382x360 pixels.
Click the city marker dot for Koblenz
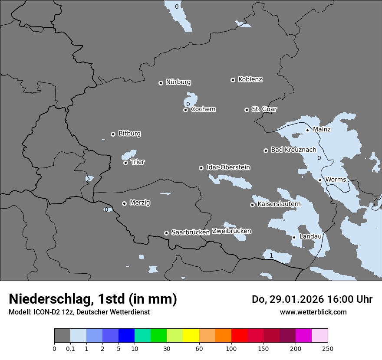(233, 80)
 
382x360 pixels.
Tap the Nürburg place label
(178, 82)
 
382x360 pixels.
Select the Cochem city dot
(185, 110)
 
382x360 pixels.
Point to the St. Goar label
(264, 109)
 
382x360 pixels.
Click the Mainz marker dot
(307, 130)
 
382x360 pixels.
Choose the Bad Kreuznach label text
(293, 150)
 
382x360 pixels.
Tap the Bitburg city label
(129, 134)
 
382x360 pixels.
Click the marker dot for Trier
(125, 163)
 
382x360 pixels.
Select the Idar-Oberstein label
(228, 167)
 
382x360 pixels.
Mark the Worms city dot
(320, 180)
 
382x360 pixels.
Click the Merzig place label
(140, 203)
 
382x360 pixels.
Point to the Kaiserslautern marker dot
(252, 205)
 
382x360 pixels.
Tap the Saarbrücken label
(191, 232)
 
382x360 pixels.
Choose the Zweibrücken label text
(231, 231)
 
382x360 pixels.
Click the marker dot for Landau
(294, 237)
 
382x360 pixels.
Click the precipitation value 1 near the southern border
(271, 255)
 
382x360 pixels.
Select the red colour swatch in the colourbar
(239, 336)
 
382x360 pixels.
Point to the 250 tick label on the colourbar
(328, 349)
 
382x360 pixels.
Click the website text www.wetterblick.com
(313, 312)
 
